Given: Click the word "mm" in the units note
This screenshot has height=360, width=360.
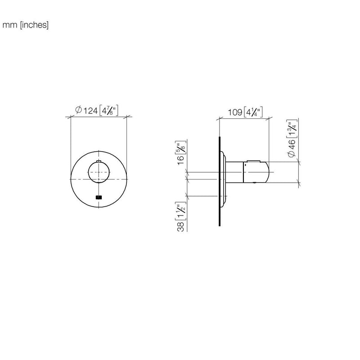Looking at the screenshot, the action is coord(9,25).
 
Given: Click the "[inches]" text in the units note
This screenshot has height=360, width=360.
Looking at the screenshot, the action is coord(34,25).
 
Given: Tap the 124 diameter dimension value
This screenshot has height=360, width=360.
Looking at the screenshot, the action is coord(90,111).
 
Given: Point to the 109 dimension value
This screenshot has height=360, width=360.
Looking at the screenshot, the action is coord(235,112).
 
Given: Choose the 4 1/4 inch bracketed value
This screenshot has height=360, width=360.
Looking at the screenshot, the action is coord(253,112).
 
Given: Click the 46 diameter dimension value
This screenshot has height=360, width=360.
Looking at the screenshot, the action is coord(291,144).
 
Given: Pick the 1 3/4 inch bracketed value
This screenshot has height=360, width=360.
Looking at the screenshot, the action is coord(292,129).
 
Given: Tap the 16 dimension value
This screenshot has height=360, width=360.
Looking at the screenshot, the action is coord(181,160).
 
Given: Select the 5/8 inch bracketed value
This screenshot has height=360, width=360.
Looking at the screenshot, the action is coord(181,147).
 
